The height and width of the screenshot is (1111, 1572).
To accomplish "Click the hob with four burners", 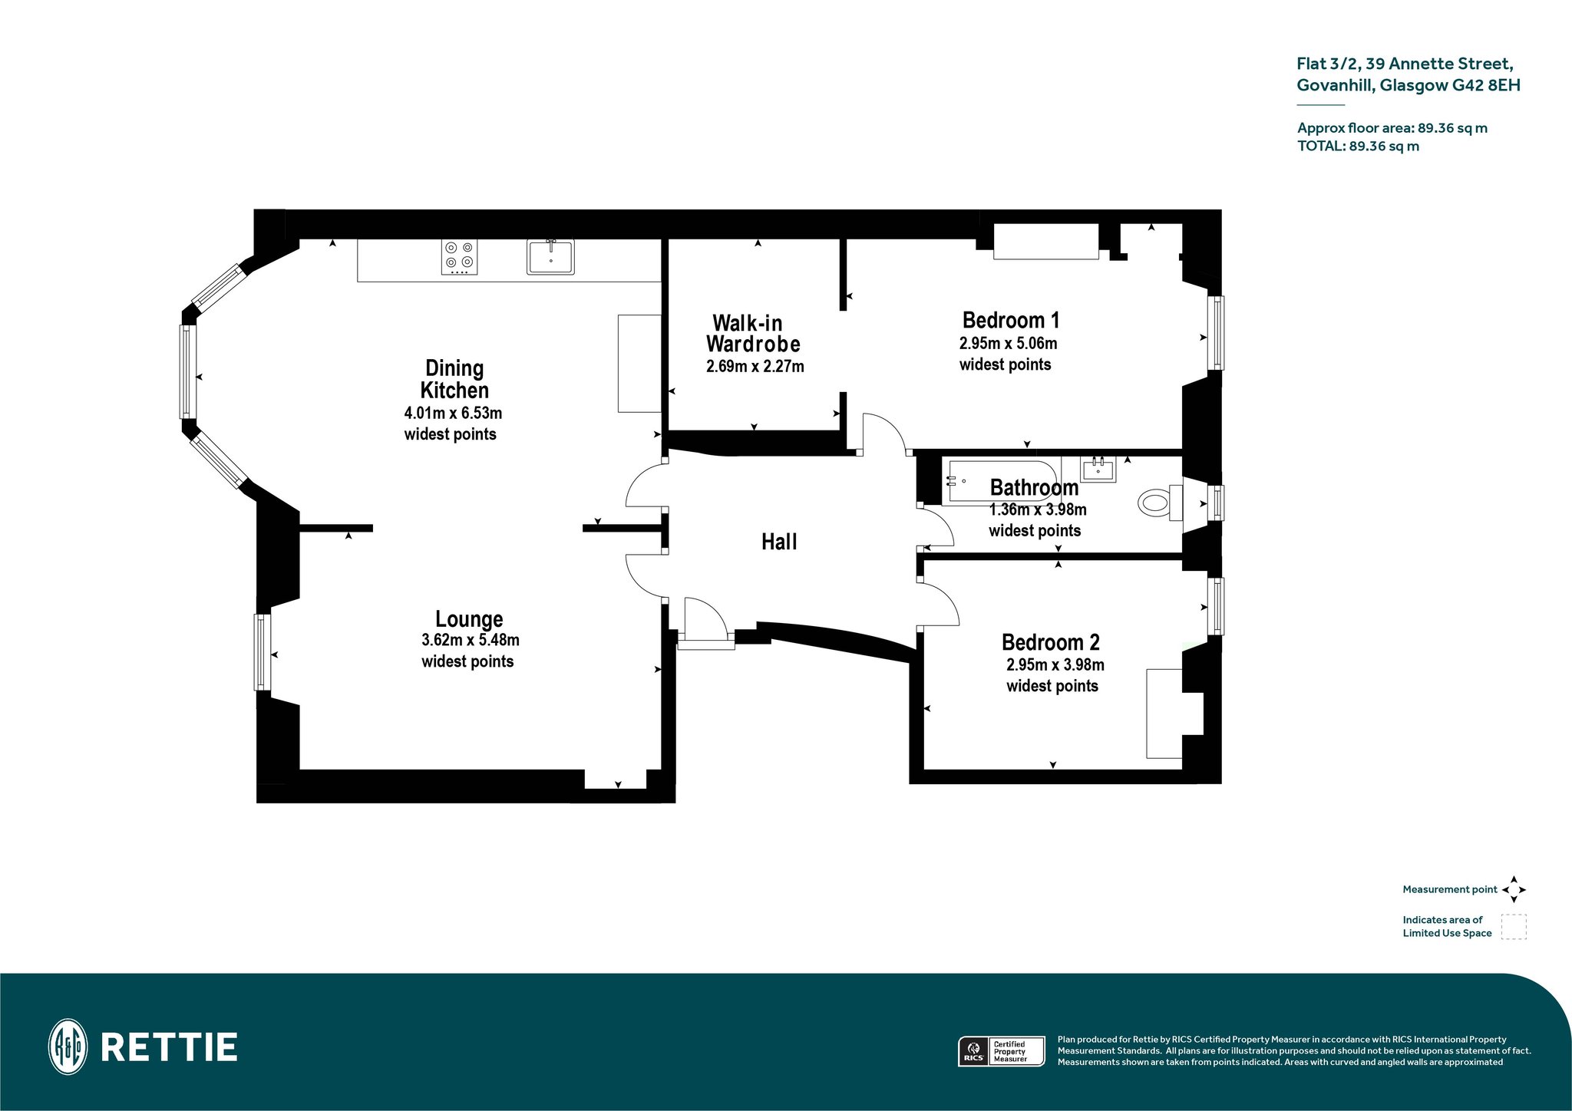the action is [460, 257].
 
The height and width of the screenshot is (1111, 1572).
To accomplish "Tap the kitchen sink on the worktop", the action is [550, 257].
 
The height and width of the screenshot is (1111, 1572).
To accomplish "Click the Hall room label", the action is [779, 542].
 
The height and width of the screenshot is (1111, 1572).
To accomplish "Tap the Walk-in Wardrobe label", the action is [754, 333].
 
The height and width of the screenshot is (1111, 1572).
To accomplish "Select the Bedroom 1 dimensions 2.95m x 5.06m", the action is [1009, 343].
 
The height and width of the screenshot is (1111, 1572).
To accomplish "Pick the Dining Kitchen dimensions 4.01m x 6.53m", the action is [453, 413].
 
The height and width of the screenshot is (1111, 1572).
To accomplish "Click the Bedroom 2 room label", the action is [1051, 642].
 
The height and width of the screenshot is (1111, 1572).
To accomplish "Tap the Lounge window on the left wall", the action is [263, 651].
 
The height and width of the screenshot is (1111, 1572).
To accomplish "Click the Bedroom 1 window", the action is [1216, 332].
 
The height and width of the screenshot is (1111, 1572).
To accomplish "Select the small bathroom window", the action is [1216, 503].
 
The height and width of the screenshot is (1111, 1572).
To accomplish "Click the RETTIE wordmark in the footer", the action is [169, 1047].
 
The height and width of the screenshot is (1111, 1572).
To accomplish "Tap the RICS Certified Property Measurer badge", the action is [1002, 1051].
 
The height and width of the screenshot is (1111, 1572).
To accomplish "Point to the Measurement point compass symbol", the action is [1514, 889].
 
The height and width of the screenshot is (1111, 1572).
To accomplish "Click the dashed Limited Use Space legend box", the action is [1514, 927].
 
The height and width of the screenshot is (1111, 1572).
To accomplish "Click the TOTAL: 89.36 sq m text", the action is [1358, 146].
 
